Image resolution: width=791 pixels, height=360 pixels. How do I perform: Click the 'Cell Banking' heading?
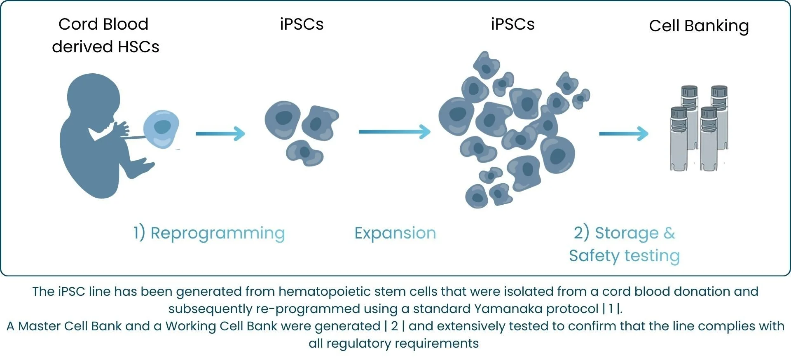[699, 26]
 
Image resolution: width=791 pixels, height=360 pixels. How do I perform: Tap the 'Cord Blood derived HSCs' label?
[105, 35]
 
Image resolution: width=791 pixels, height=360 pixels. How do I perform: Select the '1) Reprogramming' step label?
[209, 233]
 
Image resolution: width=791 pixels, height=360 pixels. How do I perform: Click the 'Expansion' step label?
[395, 233]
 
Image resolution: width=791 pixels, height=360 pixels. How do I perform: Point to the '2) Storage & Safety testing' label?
[624, 244]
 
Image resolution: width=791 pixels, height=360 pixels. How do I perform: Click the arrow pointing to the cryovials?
[623, 133]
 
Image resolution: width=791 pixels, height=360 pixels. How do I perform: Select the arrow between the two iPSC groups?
[394, 132]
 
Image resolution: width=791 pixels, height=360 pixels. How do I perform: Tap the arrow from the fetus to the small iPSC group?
[220, 133]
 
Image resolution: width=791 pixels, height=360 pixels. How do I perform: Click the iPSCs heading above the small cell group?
[302, 24]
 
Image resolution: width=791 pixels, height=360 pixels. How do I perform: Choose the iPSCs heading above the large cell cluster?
[513, 24]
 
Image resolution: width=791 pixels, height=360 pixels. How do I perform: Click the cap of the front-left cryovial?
[679, 112]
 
